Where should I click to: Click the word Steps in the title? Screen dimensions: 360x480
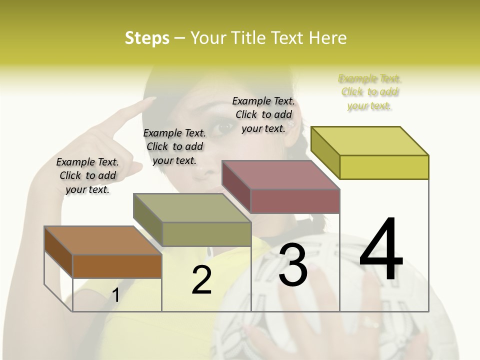[x=146, y=38]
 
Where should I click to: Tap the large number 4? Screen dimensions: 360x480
[x=381, y=249]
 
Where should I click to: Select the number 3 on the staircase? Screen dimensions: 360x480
[x=292, y=265]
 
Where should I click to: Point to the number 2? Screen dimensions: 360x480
[x=201, y=280]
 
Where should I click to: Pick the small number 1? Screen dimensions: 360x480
[x=115, y=295]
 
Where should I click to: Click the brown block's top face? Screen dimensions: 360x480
[x=102, y=240]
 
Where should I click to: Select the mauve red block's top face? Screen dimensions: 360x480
[x=280, y=174]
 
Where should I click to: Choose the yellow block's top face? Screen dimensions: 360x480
[x=369, y=141]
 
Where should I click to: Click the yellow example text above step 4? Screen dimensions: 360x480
[x=370, y=92]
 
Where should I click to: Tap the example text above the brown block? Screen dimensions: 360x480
[x=87, y=175]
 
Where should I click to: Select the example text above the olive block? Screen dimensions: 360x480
[x=174, y=146]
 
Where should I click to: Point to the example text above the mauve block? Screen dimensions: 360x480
[x=263, y=114]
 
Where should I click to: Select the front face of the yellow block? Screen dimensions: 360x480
[x=384, y=167]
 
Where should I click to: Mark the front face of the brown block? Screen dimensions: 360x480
[x=117, y=266]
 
